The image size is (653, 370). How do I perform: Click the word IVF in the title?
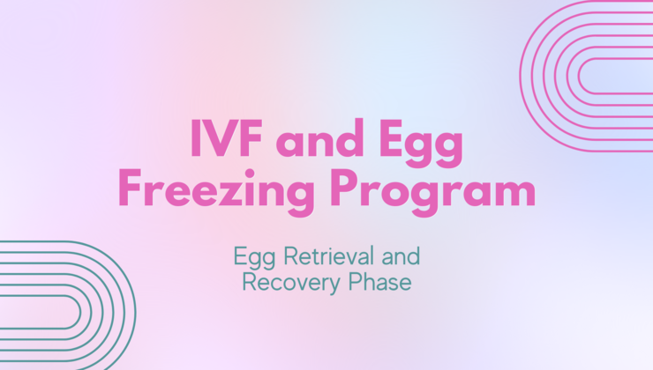click(227, 138)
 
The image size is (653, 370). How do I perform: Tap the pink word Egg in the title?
click(421, 144)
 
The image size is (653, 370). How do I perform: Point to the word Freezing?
click(216, 192)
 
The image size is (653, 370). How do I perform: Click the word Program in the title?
click(432, 192)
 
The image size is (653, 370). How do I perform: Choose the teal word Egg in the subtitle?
click(254, 258)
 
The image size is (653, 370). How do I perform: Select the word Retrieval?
click(328, 255)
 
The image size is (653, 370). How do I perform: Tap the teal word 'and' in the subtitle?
click(401, 255)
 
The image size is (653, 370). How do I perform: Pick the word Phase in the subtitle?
click(379, 281)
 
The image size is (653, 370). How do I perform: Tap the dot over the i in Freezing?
click(250, 173)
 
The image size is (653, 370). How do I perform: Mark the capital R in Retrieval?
click(290, 256)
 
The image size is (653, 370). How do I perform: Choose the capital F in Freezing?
click(131, 189)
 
